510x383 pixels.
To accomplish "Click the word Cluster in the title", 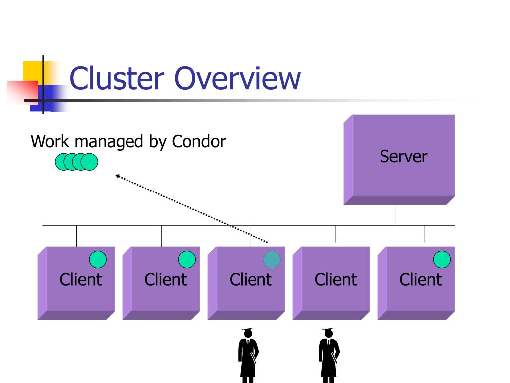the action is point(117,78).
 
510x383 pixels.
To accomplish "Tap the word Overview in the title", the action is point(238,78).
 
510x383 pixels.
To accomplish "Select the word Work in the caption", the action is point(50,141).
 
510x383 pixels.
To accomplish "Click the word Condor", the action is point(199,141).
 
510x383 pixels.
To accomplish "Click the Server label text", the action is point(403,156).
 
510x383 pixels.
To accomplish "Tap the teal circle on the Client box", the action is point(272,259).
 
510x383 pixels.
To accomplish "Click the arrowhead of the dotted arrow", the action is point(118,176).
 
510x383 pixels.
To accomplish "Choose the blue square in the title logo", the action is point(49,98).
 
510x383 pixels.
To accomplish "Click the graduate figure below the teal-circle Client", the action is point(248,355).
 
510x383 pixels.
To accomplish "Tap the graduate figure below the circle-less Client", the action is point(329,355).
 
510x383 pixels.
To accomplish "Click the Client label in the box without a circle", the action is point(336,280).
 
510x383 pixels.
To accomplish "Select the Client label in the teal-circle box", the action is point(251,280).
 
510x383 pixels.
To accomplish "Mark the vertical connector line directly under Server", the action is point(395,215).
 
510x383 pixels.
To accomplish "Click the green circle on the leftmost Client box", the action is point(98,259).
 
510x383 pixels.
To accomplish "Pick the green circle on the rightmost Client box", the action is point(442,259).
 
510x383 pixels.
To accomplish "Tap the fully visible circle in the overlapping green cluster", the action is point(89,162).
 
